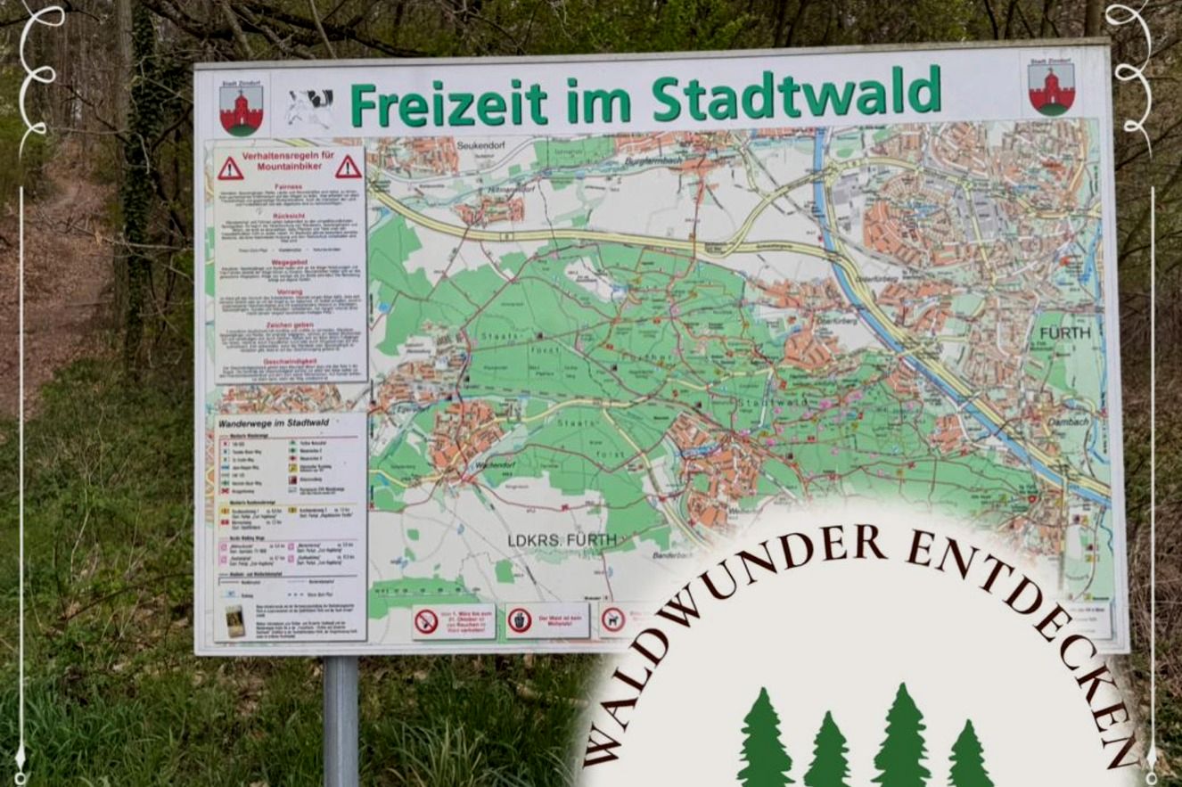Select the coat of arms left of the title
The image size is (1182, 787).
point(241,110)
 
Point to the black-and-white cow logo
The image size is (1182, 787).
point(308,108)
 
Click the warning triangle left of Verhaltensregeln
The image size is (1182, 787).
point(230,168)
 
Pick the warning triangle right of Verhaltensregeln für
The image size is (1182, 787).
point(349,167)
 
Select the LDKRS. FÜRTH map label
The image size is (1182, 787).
point(562,539)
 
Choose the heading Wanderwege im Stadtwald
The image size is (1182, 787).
point(271,423)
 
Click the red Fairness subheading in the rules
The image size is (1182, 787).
point(289,186)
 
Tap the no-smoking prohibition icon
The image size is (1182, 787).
point(427,621)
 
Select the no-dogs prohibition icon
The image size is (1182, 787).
point(613,620)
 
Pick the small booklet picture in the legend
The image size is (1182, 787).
point(234,620)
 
